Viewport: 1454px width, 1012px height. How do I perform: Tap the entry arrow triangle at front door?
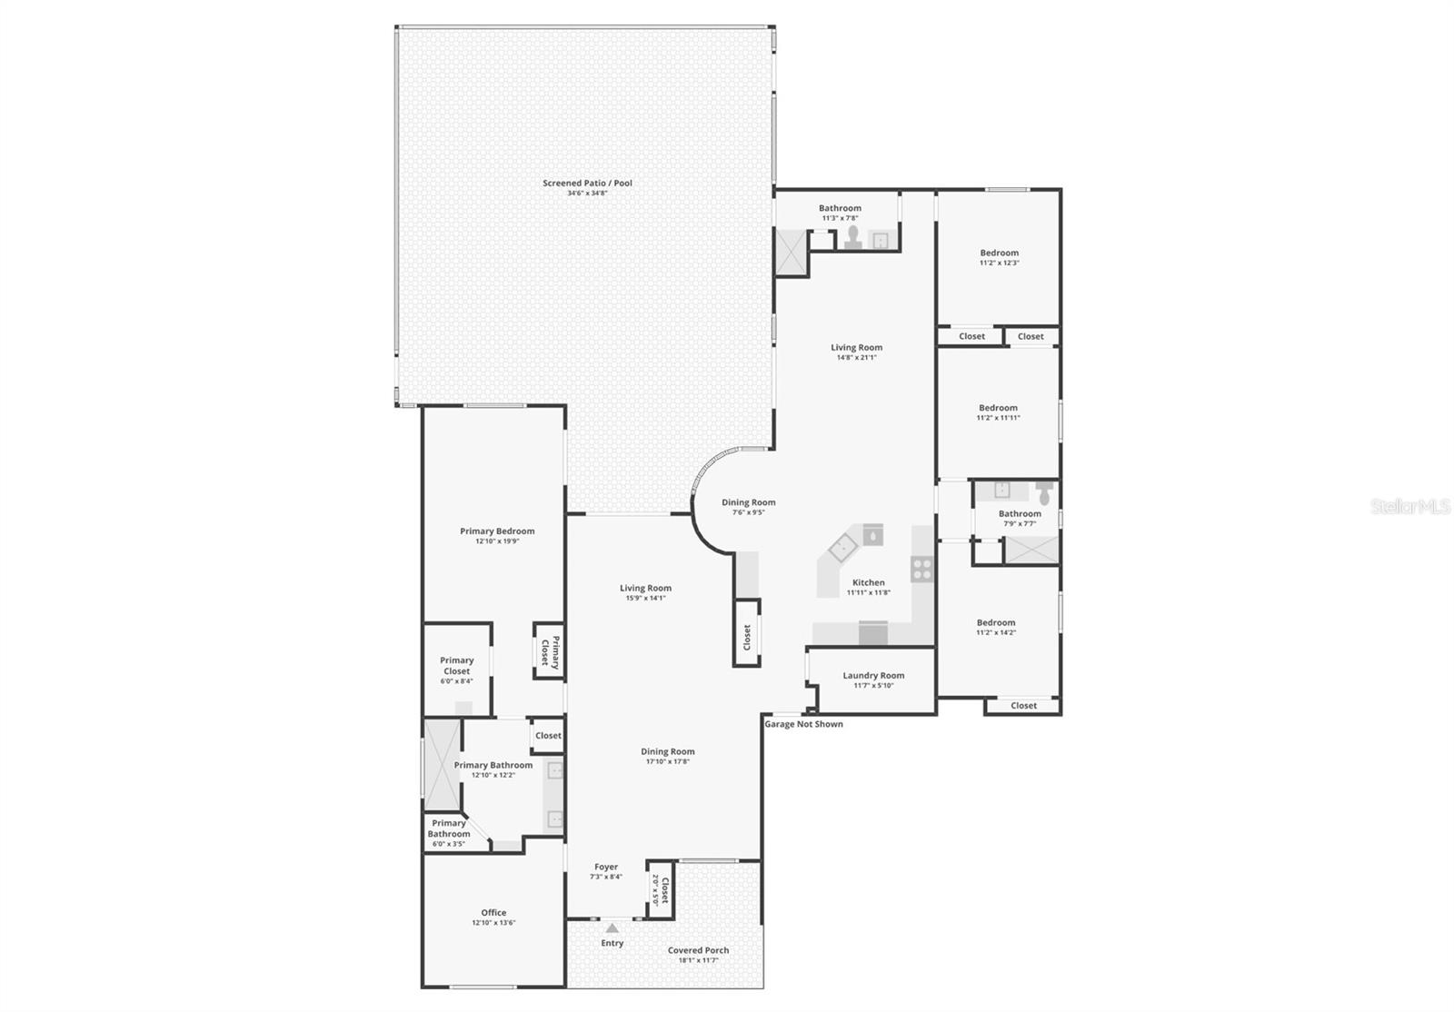tap(612, 928)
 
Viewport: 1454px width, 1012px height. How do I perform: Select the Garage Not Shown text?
tap(803, 724)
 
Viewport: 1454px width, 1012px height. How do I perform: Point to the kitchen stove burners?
tap(922, 570)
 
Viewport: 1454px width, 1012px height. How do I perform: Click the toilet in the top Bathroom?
tap(853, 237)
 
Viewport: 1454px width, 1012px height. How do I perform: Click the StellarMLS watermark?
tap(1410, 507)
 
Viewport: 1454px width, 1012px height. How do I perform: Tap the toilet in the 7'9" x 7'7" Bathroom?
tap(1044, 493)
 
